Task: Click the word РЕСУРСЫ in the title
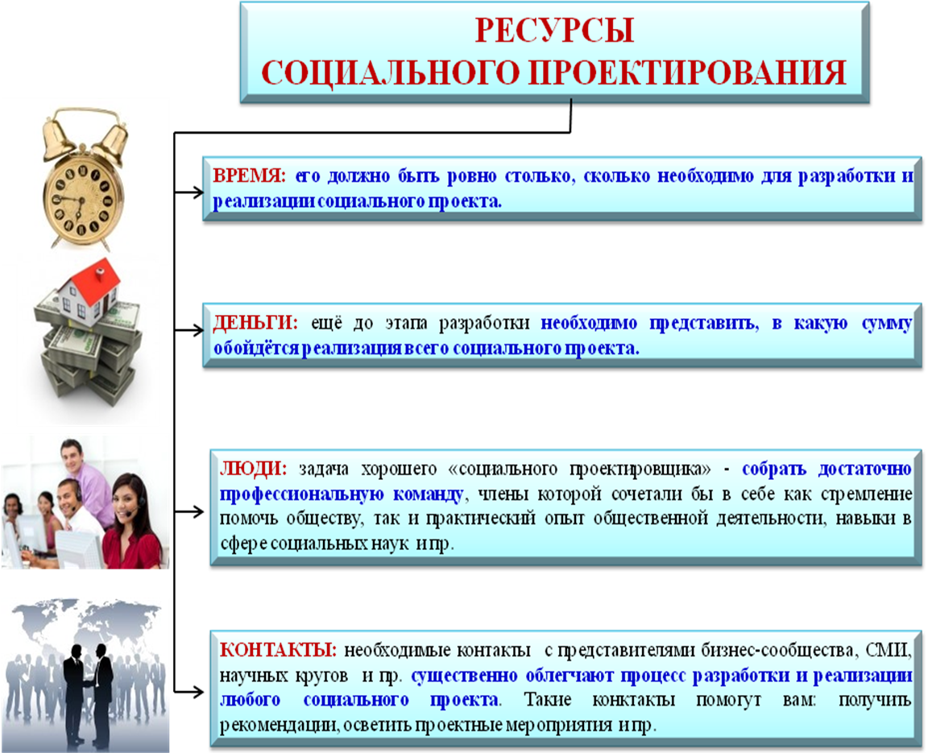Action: pyautogui.click(x=554, y=30)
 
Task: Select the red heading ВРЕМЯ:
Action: pyautogui.click(x=249, y=176)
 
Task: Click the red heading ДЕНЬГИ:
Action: pyautogui.click(x=255, y=323)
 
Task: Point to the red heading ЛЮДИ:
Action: pyautogui.click(x=253, y=469)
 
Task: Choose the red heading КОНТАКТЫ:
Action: pyautogui.click(x=278, y=650)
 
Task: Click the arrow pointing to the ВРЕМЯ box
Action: pyautogui.click(x=188, y=192)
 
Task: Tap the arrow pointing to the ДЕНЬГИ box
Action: pyautogui.click(x=188, y=330)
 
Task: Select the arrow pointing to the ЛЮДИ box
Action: pyautogui.click(x=188, y=511)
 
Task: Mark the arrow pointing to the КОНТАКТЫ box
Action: pyautogui.click(x=188, y=691)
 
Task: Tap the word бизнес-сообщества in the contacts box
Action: pyautogui.click(x=777, y=651)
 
